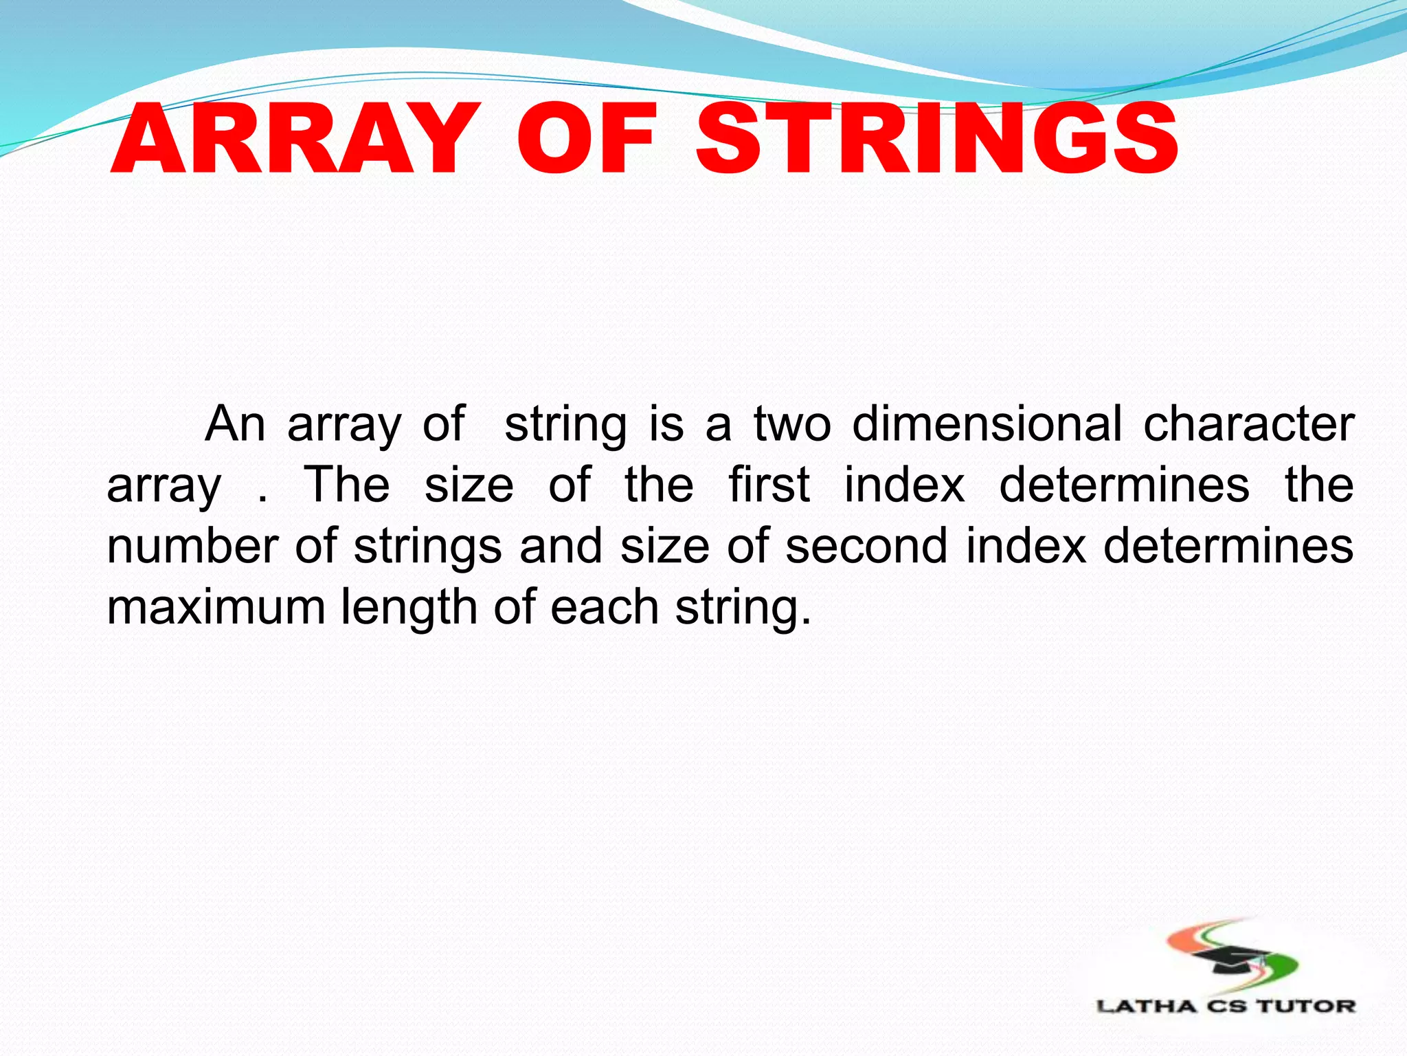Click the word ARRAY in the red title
(292, 139)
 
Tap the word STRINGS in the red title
(937, 139)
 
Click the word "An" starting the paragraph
(235, 423)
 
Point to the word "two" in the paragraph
(792, 423)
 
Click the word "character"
(1248, 423)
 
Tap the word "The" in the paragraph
(347, 485)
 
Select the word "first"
(769, 485)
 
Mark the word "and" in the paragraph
(561, 546)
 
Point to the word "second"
(866, 546)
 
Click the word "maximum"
(216, 607)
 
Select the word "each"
(605, 607)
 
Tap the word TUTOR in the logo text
(1307, 1006)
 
